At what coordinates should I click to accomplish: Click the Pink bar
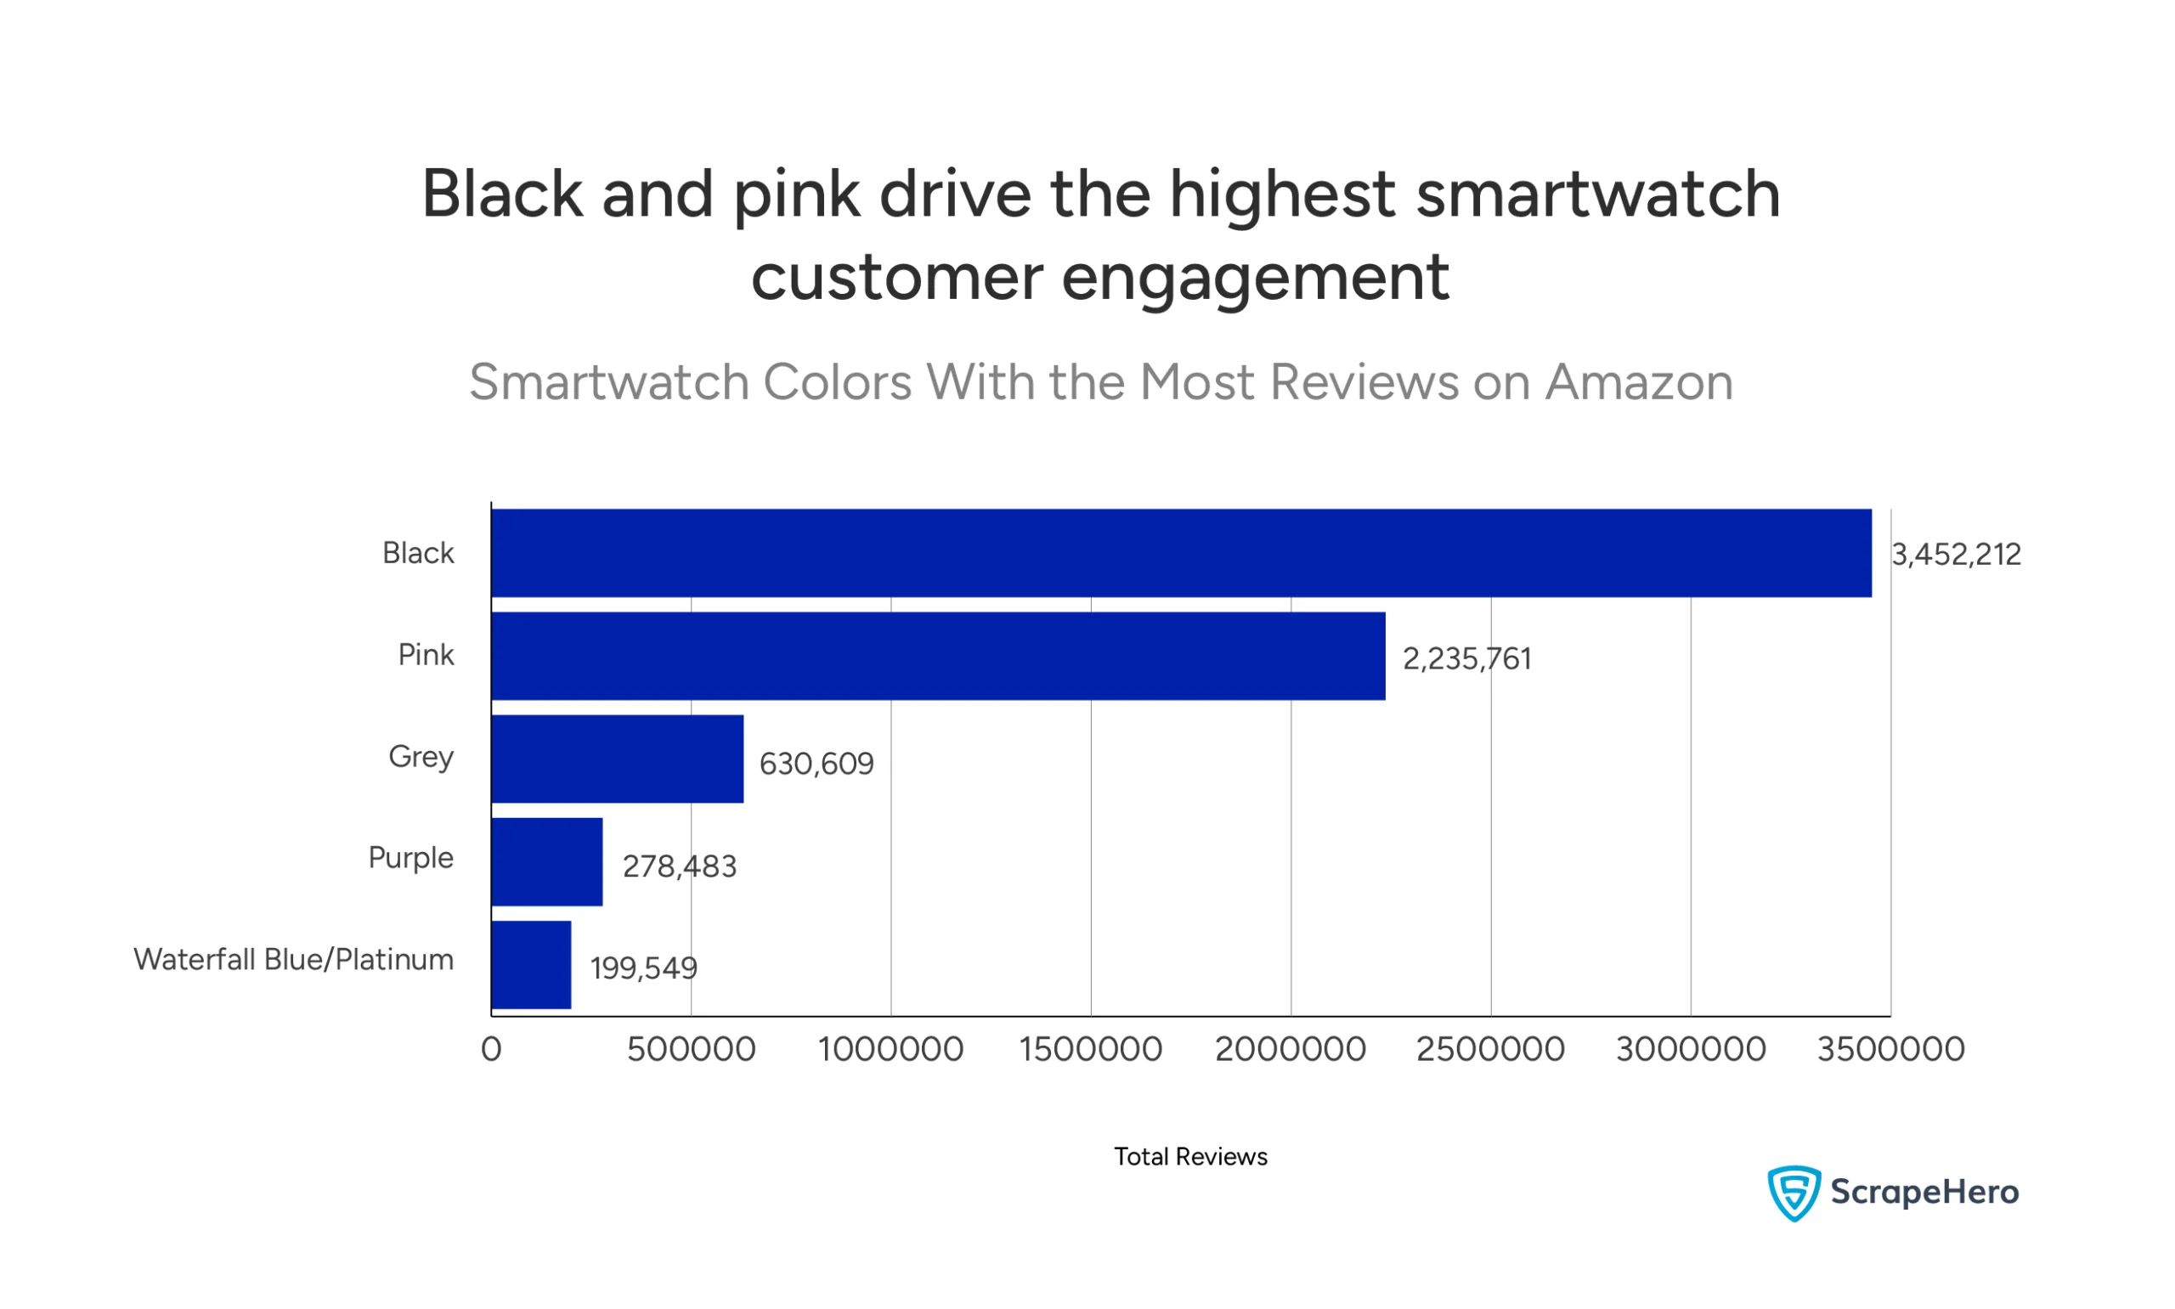(938, 657)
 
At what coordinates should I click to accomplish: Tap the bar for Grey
(618, 759)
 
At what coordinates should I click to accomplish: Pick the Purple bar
(547, 862)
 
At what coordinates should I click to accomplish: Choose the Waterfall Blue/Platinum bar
(531, 965)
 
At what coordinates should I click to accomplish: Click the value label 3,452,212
(1956, 555)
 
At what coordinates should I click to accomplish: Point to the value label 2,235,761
(1466, 659)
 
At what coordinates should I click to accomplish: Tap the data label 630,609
(816, 764)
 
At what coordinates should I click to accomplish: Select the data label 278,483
(679, 867)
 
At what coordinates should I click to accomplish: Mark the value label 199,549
(643, 968)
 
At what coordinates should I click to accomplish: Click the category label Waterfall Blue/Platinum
(293, 960)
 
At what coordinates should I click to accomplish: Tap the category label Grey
(421, 757)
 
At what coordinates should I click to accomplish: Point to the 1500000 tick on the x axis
(1090, 1050)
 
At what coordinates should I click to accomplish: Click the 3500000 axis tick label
(1890, 1050)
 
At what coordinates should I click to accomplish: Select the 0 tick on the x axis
(491, 1050)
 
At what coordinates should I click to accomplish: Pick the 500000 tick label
(691, 1050)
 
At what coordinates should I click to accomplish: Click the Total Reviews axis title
(1189, 1156)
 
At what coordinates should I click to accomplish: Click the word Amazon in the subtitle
(1638, 382)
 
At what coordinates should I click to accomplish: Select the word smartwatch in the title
(1597, 194)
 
